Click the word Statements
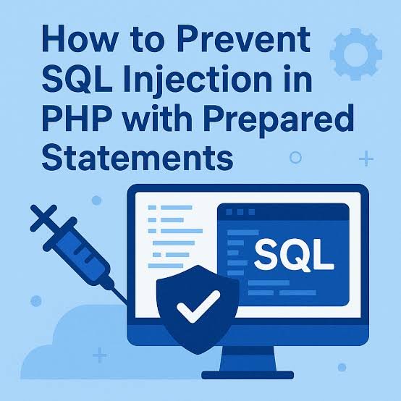click(x=138, y=156)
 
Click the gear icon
click(x=355, y=54)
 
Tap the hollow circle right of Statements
click(x=295, y=158)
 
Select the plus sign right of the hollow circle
click(x=366, y=159)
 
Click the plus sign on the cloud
click(x=100, y=355)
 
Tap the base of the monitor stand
click(x=248, y=375)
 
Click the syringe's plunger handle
click(x=43, y=217)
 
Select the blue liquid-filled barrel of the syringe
click(x=80, y=256)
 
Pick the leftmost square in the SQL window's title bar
click(x=229, y=212)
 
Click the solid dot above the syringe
click(x=96, y=200)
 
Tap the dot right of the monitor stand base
click(x=342, y=367)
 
